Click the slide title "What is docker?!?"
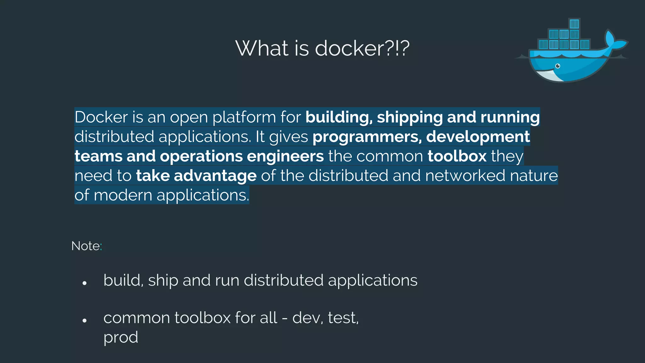tap(322, 48)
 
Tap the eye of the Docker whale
tap(558, 66)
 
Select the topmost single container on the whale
tap(574, 24)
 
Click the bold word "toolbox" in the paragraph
tap(457, 156)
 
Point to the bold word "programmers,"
tap(367, 137)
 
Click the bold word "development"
tap(478, 137)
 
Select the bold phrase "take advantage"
tap(196, 176)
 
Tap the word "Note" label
tap(85, 246)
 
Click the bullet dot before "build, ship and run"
tap(84, 283)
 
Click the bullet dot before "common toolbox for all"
tap(84, 321)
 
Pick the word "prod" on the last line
tap(121, 337)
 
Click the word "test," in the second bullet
tap(343, 318)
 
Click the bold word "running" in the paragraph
tap(510, 117)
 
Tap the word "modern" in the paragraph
tap(123, 195)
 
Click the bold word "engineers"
tap(285, 156)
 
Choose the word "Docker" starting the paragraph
tap(101, 117)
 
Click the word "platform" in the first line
tap(244, 117)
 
